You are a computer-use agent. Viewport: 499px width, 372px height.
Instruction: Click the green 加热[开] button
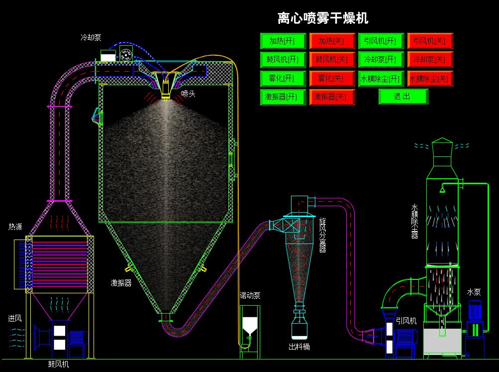coord(283,41)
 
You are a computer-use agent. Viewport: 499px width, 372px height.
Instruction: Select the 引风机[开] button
coord(380,41)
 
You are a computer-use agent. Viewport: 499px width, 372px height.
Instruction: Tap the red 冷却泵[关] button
coord(429,59)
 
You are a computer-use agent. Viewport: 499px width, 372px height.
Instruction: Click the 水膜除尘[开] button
coord(380,78)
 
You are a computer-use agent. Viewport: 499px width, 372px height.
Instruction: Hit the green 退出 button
coord(403,97)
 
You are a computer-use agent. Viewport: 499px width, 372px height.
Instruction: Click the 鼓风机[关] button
coord(331,59)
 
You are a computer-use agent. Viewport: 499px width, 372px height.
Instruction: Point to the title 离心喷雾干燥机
coord(323,18)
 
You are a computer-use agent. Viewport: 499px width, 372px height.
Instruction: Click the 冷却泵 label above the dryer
coord(91,37)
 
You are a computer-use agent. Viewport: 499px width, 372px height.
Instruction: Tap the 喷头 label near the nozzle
coord(188,94)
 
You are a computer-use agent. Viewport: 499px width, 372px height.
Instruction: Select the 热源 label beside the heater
coord(15,227)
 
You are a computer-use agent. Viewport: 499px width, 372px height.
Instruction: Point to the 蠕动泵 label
coord(250,295)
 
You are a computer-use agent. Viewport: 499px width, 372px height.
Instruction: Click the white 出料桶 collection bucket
coord(299,330)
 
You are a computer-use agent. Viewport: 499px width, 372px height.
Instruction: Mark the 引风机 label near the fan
coord(406,321)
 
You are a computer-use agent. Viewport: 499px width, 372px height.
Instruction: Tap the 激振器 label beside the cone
coord(121,283)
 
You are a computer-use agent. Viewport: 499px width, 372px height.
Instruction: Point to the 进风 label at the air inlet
coord(14,318)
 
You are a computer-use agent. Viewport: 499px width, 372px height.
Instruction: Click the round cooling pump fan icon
coord(126,54)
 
